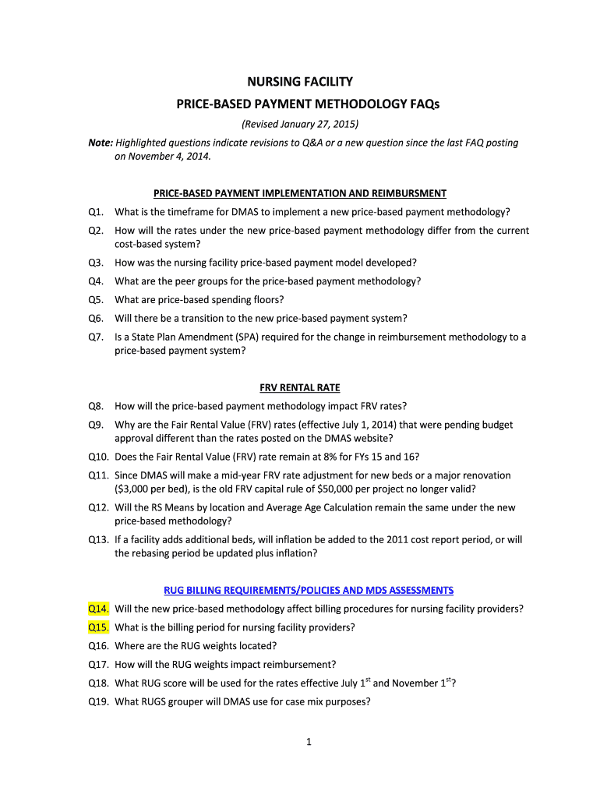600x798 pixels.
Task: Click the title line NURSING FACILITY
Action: click(x=300, y=82)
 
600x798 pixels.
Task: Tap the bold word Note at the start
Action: click(x=100, y=143)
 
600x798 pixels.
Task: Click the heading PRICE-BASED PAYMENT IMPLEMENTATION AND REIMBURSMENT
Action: click(x=300, y=193)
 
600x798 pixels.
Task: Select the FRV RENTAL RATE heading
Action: click(x=300, y=387)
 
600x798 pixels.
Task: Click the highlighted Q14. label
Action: click(x=98, y=609)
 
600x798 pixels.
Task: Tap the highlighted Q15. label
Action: click(x=98, y=627)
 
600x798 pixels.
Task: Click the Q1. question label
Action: click(x=97, y=212)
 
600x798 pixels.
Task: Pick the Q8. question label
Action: click(x=97, y=406)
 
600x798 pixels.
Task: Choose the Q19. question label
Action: click(x=98, y=701)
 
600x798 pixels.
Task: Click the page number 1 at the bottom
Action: click(x=309, y=742)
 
